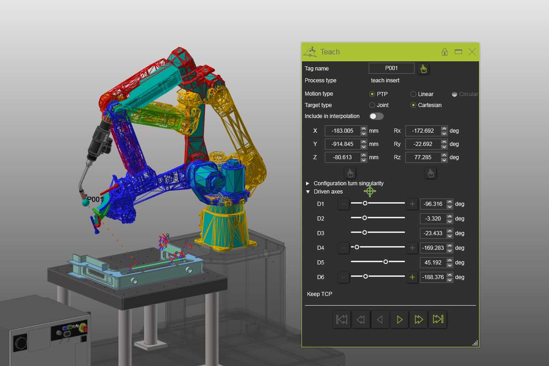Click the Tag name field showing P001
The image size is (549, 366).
tap(392, 68)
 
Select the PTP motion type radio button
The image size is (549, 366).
tap(372, 94)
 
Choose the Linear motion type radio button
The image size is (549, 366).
tap(413, 94)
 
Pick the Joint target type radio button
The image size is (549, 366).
tap(372, 105)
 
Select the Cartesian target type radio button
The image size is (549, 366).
tap(413, 105)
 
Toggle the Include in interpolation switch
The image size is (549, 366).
tap(377, 116)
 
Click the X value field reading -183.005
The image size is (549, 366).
tap(343, 131)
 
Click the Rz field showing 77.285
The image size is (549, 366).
tap(423, 157)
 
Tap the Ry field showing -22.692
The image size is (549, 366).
tap(423, 144)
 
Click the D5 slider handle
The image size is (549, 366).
tap(386, 262)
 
